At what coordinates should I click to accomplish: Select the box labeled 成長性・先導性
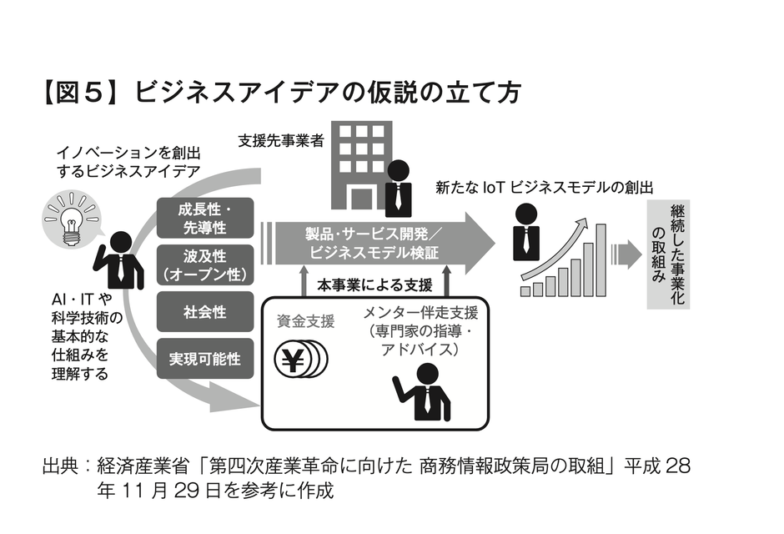pos(204,216)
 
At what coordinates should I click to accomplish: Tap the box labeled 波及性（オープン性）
pos(204,263)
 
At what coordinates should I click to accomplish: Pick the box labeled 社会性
pos(204,312)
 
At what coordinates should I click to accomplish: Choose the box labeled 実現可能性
pos(204,359)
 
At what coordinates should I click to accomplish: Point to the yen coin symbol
pos(294,358)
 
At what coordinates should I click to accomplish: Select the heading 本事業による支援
pos(374,285)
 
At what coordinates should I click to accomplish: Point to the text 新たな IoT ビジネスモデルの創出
pos(543,189)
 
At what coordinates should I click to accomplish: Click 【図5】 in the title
pos(80,92)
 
